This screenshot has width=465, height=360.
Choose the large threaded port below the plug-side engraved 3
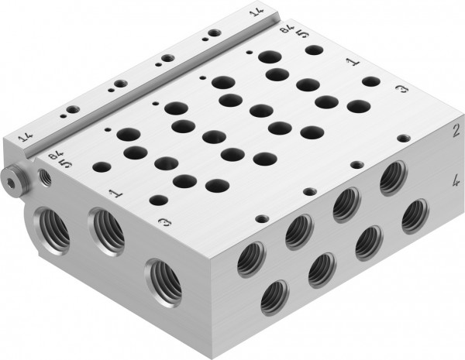(165, 279)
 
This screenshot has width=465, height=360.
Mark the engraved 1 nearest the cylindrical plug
(115, 191)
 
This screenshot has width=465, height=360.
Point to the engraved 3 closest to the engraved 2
(401, 91)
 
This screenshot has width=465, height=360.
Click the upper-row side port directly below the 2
(393, 180)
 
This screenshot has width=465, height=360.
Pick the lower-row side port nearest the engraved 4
(415, 216)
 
